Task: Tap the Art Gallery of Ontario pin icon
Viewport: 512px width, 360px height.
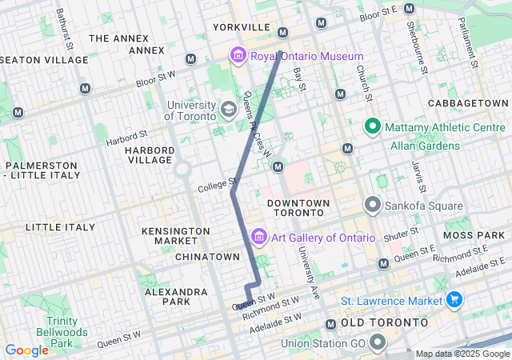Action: pyautogui.click(x=258, y=238)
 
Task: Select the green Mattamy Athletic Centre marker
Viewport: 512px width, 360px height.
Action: pyautogui.click(x=372, y=126)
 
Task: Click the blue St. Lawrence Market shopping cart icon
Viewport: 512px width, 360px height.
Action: pyautogui.click(x=454, y=301)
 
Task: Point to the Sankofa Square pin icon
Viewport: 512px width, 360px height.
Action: pyautogui.click(x=372, y=205)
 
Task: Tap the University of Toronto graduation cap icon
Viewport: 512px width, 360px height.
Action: pyautogui.click(x=228, y=109)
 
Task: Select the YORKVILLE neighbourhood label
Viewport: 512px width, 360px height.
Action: pyautogui.click(x=242, y=27)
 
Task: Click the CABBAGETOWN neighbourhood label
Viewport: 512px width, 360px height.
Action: pyautogui.click(x=468, y=104)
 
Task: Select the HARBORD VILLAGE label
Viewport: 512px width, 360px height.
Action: pyautogui.click(x=149, y=155)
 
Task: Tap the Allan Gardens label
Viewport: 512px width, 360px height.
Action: pyautogui.click(x=425, y=146)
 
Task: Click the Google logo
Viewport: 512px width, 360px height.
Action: pyautogui.click(x=26, y=350)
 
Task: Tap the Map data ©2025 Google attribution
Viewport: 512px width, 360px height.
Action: pyautogui.click(x=462, y=354)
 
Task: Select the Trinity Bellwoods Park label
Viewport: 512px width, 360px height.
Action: pyautogui.click(x=50, y=331)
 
